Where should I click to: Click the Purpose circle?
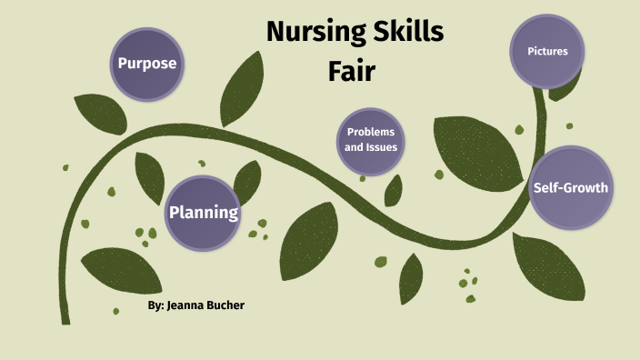(x=146, y=64)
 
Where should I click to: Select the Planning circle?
(x=203, y=213)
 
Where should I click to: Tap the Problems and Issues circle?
(x=371, y=140)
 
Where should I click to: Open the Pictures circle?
(x=547, y=51)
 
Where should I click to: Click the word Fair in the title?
(x=352, y=69)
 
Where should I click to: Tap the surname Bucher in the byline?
(x=225, y=305)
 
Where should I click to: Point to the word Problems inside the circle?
(x=371, y=132)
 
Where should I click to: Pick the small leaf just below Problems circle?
(x=394, y=190)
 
